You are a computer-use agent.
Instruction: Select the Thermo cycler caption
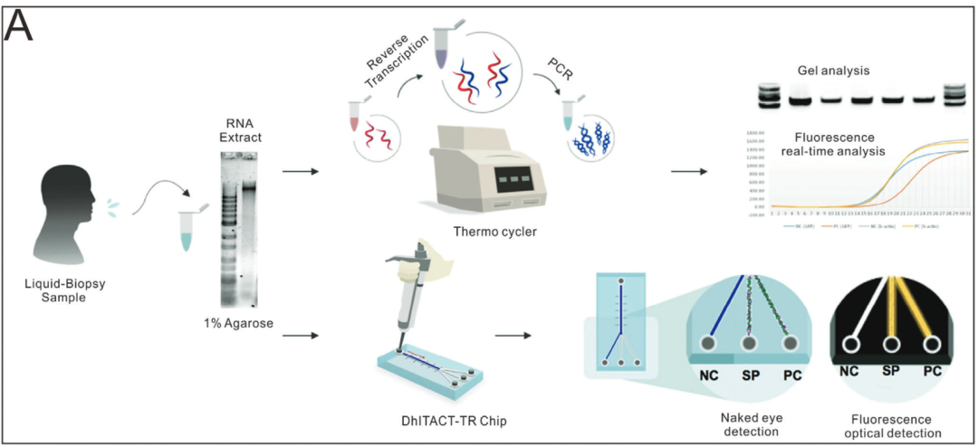[x=495, y=233]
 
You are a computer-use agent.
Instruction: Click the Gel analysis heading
[x=833, y=70]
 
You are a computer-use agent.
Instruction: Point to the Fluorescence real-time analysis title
[x=833, y=145]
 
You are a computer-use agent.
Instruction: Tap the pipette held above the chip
[x=407, y=290]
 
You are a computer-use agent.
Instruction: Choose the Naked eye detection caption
[x=751, y=424]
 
